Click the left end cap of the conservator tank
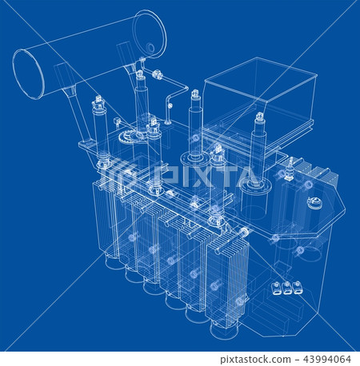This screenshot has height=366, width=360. click(x=29, y=74)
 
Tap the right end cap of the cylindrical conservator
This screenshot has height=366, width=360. click(x=150, y=34)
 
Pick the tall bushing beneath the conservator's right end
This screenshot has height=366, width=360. click(x=141, y=100)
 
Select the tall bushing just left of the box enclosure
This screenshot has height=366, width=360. click(x=195, y=128)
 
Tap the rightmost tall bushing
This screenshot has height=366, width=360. click(x=258, y=152)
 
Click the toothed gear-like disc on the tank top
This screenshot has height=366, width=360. click(x=128, y=137)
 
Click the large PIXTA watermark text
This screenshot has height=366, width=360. click(x=211, y=176)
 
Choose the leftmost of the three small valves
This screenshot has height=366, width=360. click(x=277, y=288)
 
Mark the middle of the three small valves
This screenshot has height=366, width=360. click(x=286, y=288)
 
